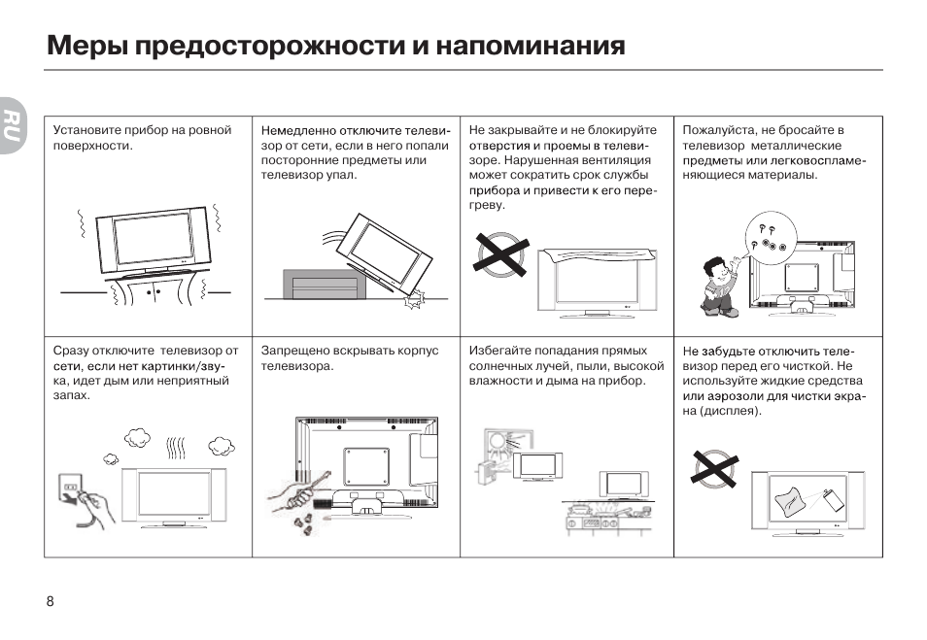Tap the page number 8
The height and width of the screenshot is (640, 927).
tap(50, 600)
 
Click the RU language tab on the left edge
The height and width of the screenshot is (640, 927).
tap(11, 125)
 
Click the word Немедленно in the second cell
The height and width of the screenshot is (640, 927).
tap(297, 130)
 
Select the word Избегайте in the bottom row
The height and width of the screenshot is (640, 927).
tap(501, 351)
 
